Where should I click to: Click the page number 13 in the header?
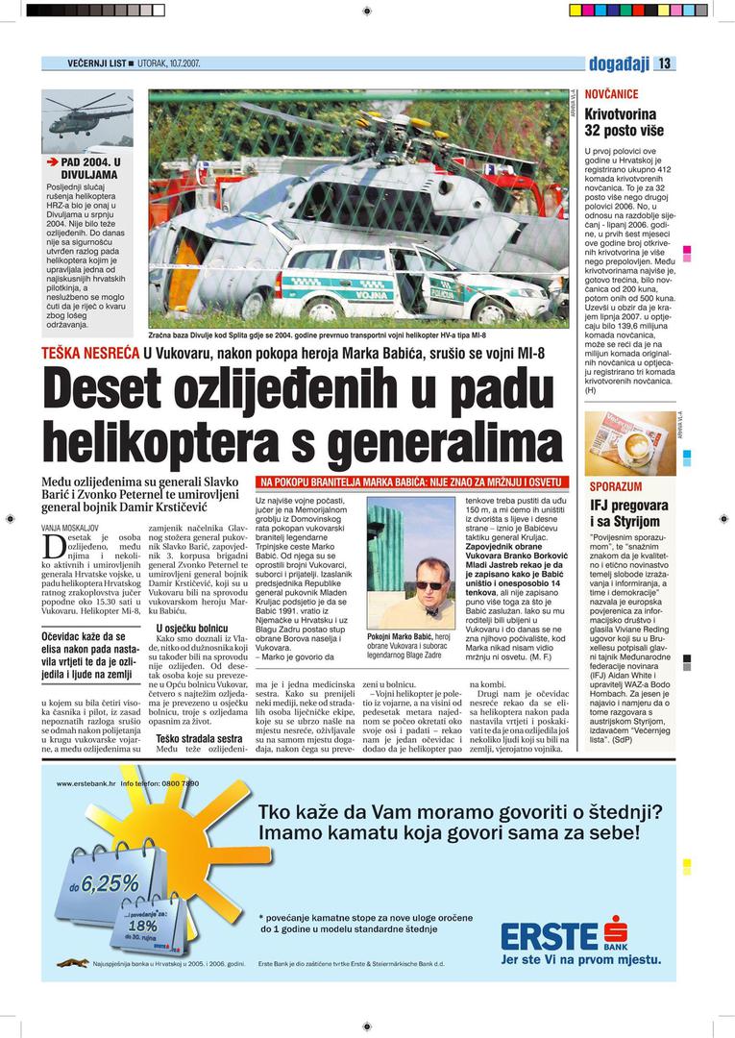click(665, 64)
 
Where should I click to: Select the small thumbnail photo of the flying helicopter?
click(87, 120)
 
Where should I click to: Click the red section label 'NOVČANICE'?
click(611, 94)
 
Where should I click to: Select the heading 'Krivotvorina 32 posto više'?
click(621, 121)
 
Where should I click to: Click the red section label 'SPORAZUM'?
click(615, 486)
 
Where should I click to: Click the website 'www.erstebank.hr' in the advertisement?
click(85, 784)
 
